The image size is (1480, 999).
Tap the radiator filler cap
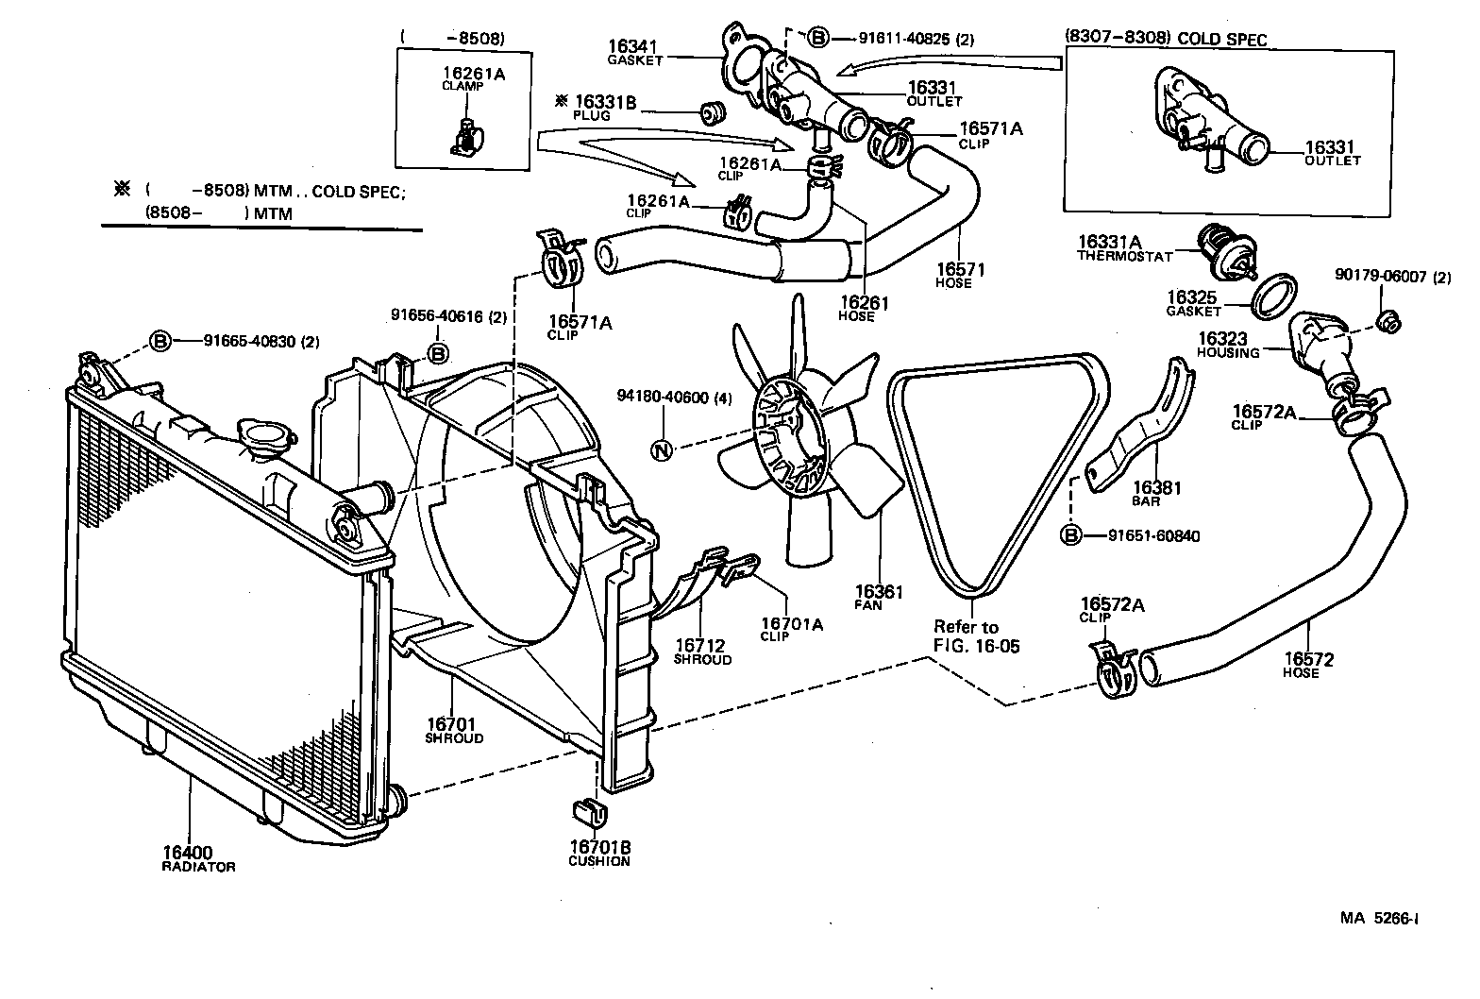click(266, 436)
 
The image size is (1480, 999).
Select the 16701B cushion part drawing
click(585, 811)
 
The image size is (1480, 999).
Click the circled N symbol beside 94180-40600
click(663, 450)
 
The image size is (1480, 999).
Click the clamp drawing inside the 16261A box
click(464, 136)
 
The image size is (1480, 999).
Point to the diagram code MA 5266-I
click(1380, 917)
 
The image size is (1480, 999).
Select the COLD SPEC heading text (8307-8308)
click(1166, 40)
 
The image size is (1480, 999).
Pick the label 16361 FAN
click(879, 598)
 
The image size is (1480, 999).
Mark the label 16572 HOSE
click(1307, 665)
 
